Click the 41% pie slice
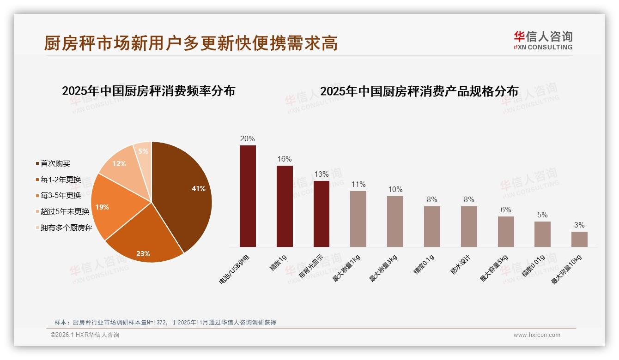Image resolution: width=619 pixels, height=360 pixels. click(x=185, y=189)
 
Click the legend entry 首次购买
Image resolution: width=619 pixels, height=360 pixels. click(x=55, y=163)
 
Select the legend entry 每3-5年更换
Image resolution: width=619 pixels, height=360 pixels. click(x=60, y=195)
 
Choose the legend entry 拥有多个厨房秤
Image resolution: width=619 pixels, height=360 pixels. click(x=66, y=228)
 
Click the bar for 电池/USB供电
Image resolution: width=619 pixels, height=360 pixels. click(x=248, y=196)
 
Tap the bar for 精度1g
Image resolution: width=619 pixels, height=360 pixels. click(x=285, y=206)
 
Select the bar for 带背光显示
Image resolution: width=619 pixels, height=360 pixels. click(x=322, y=214)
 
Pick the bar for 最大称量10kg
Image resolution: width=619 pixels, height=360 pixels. click(x=579, y=239)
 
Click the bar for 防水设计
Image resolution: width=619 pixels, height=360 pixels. click(x=469, y=227)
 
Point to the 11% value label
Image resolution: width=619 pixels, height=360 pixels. click(x=358, y=185)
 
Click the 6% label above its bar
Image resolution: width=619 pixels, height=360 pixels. click(x=506, y=210)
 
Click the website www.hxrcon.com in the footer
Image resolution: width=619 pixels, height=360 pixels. click(x=537, y=335)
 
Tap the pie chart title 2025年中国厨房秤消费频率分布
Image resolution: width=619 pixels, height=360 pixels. click(x=148, y=91)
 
